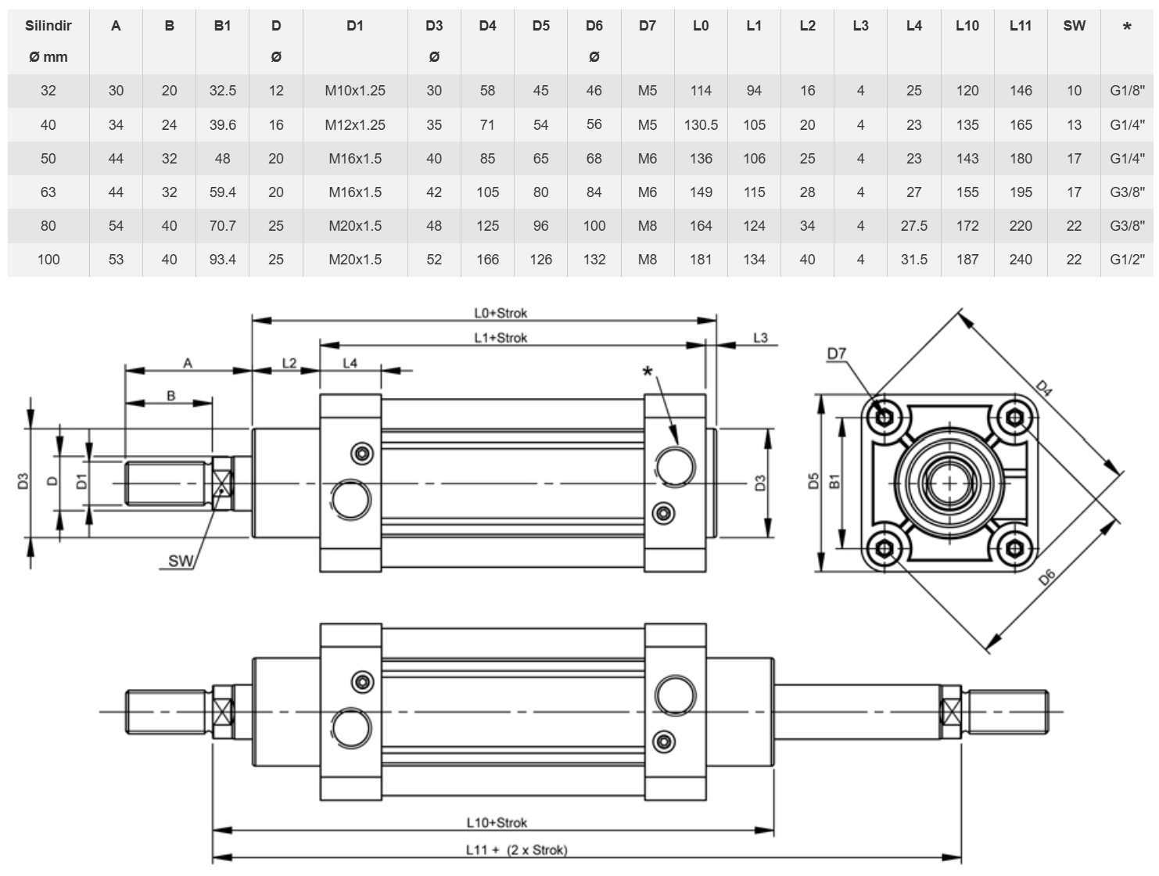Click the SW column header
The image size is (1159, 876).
(1074, 25)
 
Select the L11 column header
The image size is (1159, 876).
(1020, 25)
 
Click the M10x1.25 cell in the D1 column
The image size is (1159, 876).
(355, 91)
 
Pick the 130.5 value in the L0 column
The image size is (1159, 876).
(701, 124)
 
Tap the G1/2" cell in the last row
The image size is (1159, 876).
(1127, 259)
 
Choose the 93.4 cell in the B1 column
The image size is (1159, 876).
(222, 259)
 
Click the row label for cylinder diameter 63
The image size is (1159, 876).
(48, 192)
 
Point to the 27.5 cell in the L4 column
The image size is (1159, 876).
(914, 226)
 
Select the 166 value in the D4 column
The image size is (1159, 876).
(487, 259)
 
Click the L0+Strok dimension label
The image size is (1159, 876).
(501, 313)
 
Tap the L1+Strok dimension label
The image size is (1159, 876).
(501, 337)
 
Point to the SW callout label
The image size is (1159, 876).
(181, 561)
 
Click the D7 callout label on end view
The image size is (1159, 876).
(836, 354)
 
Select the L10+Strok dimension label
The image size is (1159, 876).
(497, 823)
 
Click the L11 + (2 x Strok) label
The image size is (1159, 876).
(516, 850)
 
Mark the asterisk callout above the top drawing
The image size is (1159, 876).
(648, 372)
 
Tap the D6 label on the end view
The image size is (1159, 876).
(1046, 577)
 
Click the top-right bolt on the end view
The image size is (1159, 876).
(1014, 418)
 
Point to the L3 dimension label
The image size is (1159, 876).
(760, 337)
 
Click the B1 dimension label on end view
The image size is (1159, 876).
(834, 481)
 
